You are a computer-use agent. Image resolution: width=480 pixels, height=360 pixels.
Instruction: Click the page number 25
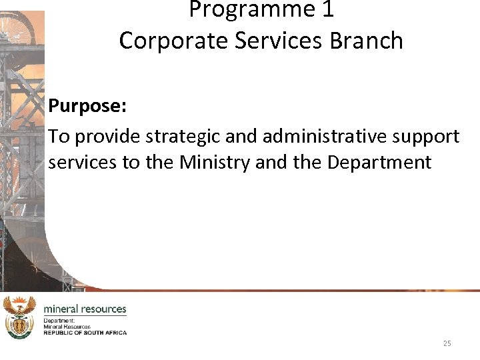tap(447, 343)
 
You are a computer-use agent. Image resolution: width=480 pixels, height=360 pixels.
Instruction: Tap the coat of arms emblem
tap(19, 317)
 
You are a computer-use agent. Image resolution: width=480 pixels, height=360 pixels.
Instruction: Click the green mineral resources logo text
tap(85, 309)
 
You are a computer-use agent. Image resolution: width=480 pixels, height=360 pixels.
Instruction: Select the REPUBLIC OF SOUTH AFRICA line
tap(85, 333)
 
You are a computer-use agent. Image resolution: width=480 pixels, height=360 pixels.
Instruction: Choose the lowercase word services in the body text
tap(81, 163)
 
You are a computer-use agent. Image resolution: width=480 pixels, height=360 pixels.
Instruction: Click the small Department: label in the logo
tap(59, 321)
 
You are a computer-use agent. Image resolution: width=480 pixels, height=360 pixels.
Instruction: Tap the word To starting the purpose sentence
tap(59, 136)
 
